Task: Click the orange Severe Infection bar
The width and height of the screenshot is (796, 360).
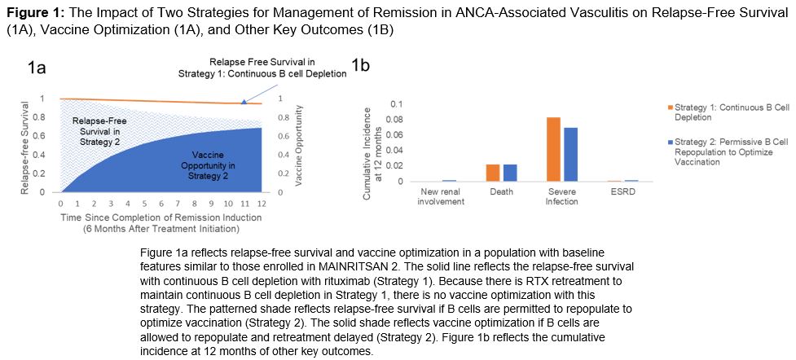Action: pyautogui.click(x=553, y=149)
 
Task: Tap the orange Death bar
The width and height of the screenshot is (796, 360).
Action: pyautogui.click(x=492, y=173)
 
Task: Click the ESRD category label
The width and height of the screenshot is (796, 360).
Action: pyautogui.click(x=622, y=192)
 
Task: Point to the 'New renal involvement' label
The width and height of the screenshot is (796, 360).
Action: pyautogui.click(x=439, y=196)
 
